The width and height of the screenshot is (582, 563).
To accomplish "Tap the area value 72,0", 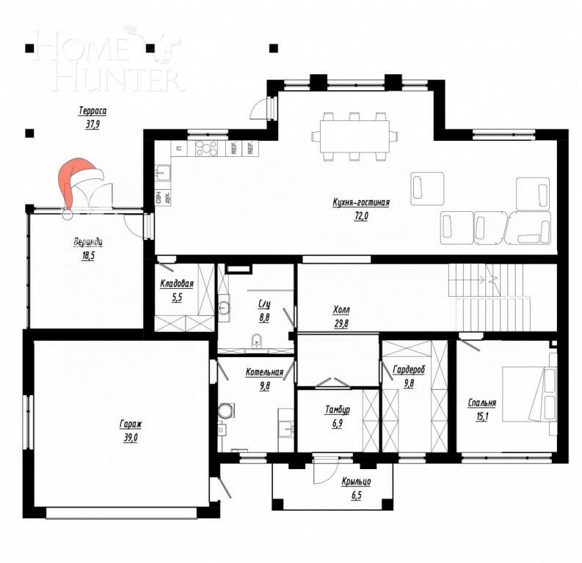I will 360,216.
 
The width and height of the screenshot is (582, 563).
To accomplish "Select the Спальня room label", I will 482,402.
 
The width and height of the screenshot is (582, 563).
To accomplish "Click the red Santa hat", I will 76,181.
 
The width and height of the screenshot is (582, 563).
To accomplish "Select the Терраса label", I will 93,111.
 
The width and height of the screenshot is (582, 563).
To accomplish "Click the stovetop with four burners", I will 206,148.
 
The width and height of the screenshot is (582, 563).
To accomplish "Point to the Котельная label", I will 263,372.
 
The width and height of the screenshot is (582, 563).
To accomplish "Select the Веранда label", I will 87,243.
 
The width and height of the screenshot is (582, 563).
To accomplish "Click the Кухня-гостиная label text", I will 360,203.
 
